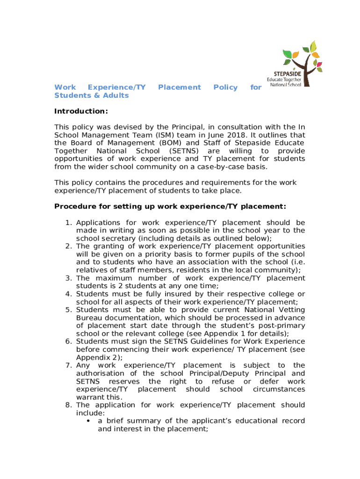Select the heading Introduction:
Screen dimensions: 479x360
pos(81,111)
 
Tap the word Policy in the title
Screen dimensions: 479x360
pos(225,87)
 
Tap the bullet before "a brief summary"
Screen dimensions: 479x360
pos(88,421)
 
